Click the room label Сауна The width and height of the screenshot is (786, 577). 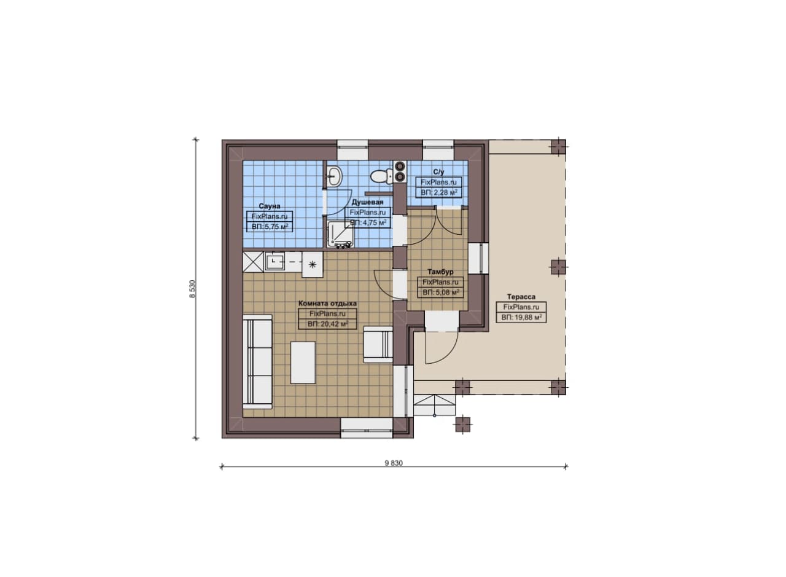pyautogui.click(x=270, y=206)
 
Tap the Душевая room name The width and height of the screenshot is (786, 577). pyautogui.click(x=367, y=202)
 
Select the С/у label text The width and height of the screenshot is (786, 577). pyautogui.click(x=438, y=172)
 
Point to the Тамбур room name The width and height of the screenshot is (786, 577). pyautogui.click(x=440, y=272)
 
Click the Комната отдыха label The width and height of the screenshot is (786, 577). pyautogui.click(x=327, y=304)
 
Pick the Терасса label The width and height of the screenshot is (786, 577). pyautogui.click(x=521, y=297)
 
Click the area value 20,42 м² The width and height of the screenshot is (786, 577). pyautogui.click(x=332, y=324)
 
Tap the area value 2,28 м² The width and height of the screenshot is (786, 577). pyautogui.click(x=444, y=193)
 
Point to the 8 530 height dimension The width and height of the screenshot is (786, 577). pyautogui.click(x=192, y=289)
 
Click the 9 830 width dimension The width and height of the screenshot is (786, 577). pyautogui.click(x=394, y=463)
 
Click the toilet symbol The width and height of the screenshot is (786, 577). pyautogui.click(x=382, y=176)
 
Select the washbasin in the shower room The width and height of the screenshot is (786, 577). pyautogui.click(x=335, y=176)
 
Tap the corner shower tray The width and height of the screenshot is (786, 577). pyautogui.click(x=340, y=234)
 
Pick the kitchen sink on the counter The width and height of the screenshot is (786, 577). pyautogui.click(x=275, y=262)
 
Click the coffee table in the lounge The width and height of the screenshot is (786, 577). pyautogui.click(x=303, y=363)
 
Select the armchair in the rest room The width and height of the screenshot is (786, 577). pyautogui.click(x=378, y=344)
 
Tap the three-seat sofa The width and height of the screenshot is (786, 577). pyautogui.click(x=257, y=362)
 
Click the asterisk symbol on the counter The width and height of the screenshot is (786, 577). pyautogui.click(x=313, y=264)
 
